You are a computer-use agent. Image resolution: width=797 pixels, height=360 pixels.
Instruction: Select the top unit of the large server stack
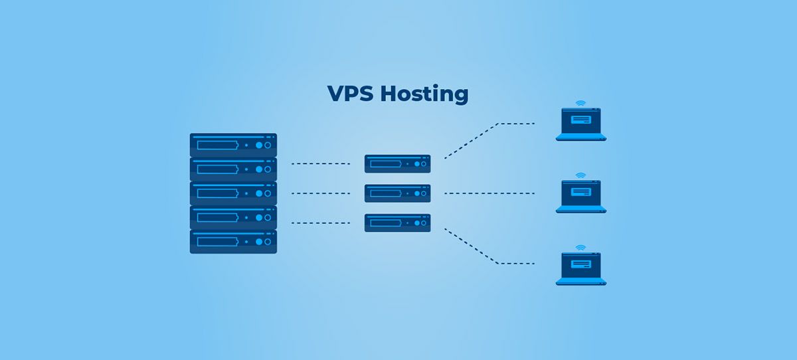click(233, 145)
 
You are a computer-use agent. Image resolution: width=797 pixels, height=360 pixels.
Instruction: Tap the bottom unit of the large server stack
click(233, 241)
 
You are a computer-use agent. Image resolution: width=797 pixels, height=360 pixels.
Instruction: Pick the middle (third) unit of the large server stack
click(233, 193)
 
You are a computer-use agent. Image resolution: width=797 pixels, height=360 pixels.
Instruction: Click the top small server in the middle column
click(397, 163)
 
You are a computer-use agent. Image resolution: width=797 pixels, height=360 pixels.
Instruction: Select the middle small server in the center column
click(397, 193)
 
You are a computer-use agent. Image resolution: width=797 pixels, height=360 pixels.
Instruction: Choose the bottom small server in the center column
click(397, 223)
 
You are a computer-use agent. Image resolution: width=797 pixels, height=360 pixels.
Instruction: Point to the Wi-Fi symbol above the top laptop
click(581, 104)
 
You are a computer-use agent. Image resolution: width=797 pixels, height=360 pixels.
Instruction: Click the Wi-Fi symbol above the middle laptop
click(581, 175)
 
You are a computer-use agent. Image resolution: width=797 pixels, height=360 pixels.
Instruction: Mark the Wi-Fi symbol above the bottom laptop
click(581, 247)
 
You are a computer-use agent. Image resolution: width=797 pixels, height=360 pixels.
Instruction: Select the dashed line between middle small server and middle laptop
click(489, 193)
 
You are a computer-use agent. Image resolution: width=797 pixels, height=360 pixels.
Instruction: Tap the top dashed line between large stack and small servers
click(320, 163)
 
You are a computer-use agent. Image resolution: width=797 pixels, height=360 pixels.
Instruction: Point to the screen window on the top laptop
click(581, 121)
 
